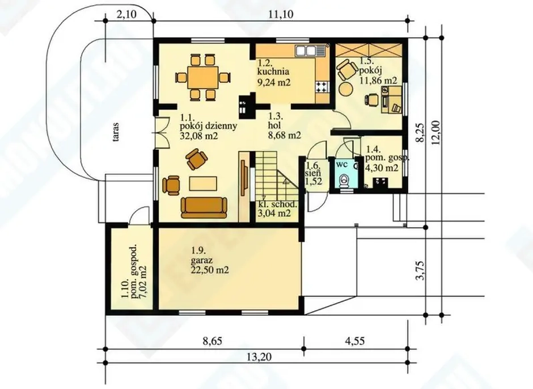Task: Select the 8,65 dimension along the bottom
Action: [x=213, y=341]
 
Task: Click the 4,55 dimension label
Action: [x=354, y=341]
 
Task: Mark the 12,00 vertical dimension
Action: [x=436, y=133]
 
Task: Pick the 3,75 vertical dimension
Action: [x=421, y=270]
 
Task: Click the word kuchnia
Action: [x=273, y=72]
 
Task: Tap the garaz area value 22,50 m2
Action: [x=210, y=270]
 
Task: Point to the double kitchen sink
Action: [x=306, y=51]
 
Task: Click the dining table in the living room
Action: [x=203, y=78]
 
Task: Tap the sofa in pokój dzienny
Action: [x=204, y=207]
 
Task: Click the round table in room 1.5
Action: [x=346, y=89]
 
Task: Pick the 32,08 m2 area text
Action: [x=199, y=136]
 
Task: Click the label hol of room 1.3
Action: [x=274, y=126]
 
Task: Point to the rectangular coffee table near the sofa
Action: [x=203, y=184]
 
